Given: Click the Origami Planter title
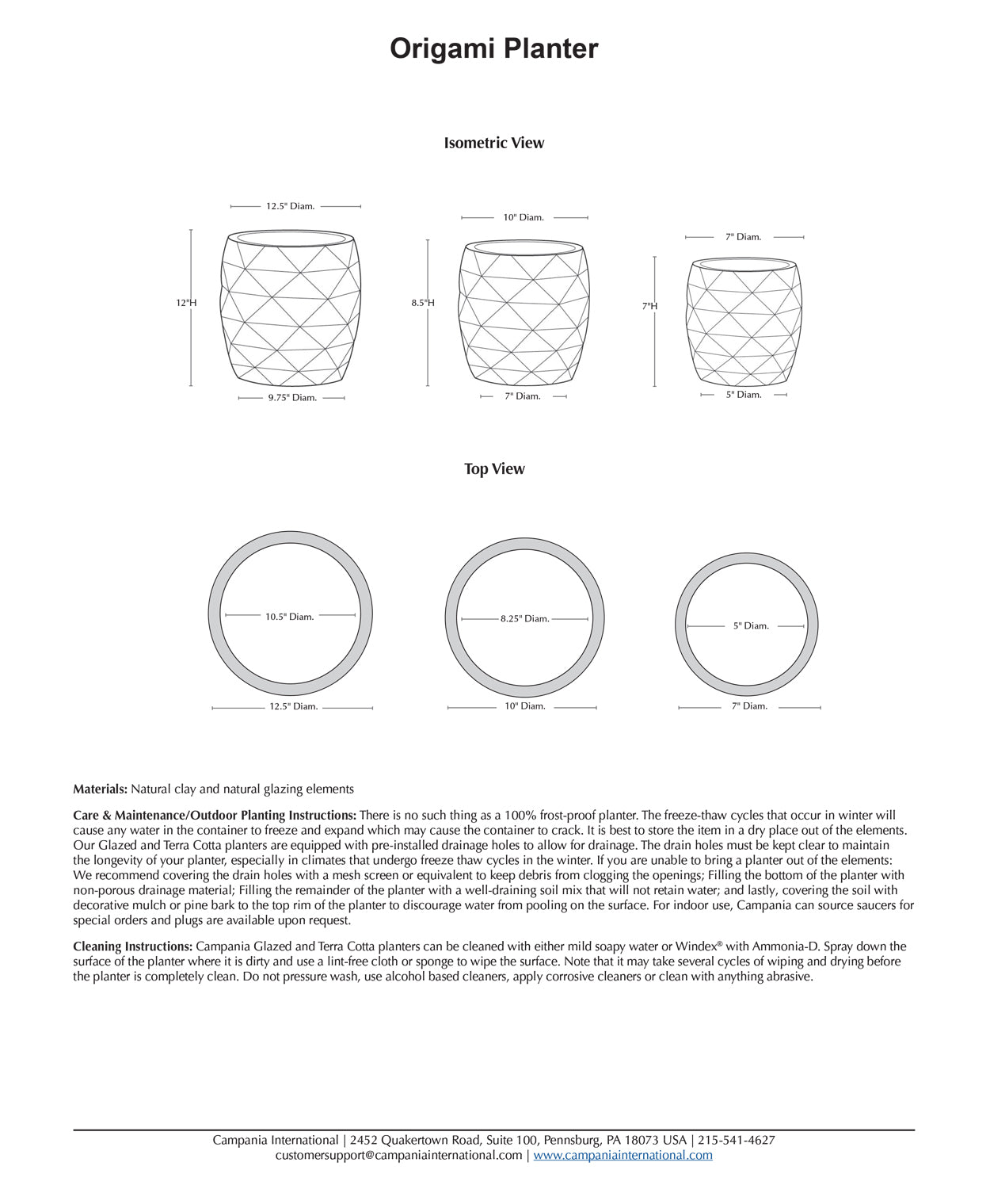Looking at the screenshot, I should [x=493, y=49].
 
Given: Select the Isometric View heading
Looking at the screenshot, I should [x=493, y=143].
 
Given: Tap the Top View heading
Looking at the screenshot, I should [x=494, y=469].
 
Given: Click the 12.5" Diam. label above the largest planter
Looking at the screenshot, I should [x=290, y=206].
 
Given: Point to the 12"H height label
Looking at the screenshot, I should [x=186, y=303].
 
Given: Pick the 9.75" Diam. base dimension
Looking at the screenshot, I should [x=291, y=398].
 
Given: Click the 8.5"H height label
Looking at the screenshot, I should [x=423, y=303].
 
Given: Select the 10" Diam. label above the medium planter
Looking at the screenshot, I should [x=524, y=217].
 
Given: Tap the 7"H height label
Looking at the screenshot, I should [x=649, y=306].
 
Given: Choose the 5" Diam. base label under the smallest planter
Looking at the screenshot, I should [x=744, y=395].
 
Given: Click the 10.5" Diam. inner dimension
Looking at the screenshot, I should [x=289, y=617].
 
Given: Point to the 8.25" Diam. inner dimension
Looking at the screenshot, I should [x=524, y=618].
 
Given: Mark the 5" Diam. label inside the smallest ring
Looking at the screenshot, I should [x=751, y=626].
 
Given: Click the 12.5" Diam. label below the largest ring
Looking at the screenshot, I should [x=293, y=706].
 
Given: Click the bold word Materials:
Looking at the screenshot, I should [x=101, y=789].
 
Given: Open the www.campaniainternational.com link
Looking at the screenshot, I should [x=623, y=1156].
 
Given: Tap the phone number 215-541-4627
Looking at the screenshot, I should [x=737, y=1141].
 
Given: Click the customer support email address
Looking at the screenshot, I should [x=398, y=1156].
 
